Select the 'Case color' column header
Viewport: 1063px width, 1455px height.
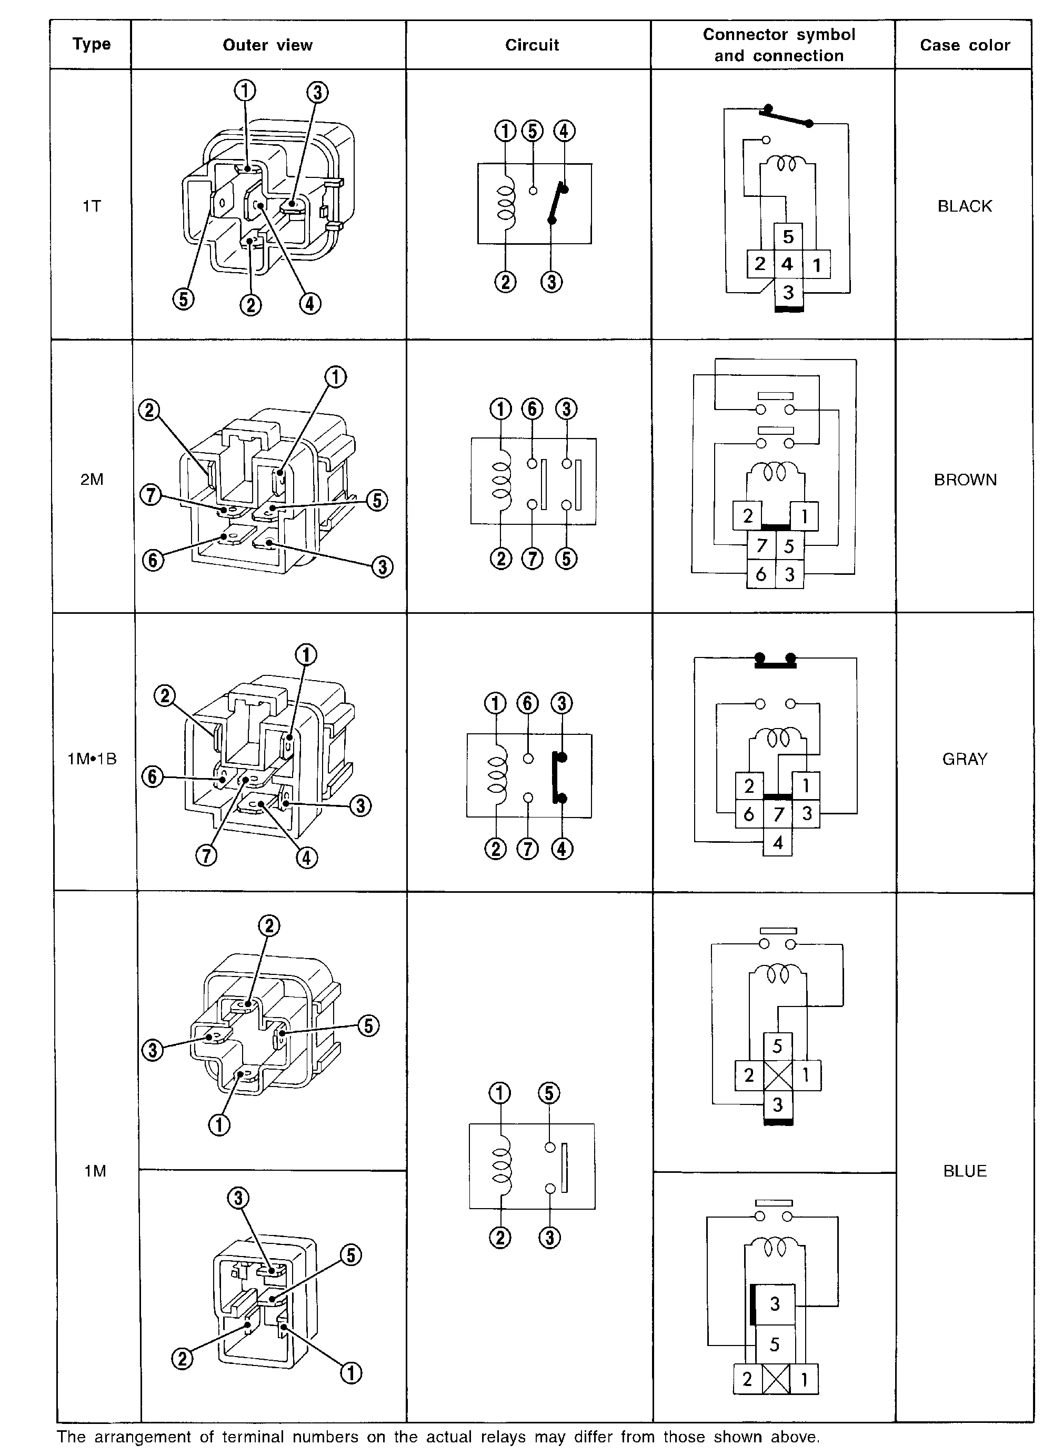coord(964,45)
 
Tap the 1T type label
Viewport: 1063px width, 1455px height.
coord(92,206)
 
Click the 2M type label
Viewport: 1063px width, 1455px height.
coord(92,480)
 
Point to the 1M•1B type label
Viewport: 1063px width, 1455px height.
coord(92,759)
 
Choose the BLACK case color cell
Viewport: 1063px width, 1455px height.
coord(964,206)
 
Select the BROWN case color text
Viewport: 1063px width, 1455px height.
coord(965,480)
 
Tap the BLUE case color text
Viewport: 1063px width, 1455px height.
coord(965,1171)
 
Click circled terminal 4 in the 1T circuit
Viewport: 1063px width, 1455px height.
coord(564,131)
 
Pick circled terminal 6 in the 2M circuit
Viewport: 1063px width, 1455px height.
coord(532,409)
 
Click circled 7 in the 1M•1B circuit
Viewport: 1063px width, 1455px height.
coord(528,849)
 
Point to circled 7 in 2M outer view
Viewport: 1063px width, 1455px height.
coord(151,495)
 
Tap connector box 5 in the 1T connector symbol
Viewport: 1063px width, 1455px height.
coord(788,237)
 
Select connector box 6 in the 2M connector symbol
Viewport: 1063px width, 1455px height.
coord(760,574)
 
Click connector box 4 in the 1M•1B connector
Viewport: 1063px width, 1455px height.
coord(777,842)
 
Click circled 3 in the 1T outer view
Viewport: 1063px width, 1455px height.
coord(317,93)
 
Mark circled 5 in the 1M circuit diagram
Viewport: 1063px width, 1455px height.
coord(549,1093)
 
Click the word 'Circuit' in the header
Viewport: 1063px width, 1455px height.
coord(531,45)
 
